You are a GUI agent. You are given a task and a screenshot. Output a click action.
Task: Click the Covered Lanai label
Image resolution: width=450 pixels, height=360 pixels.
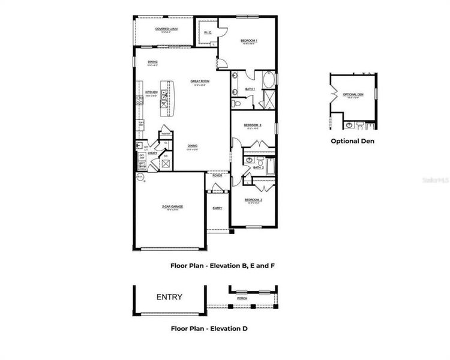coord(166,29)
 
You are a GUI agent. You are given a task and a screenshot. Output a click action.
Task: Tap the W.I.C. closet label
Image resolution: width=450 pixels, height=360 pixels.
coord(206,32)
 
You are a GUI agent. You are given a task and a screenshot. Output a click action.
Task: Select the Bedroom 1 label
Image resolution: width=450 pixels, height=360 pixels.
coord(249,41)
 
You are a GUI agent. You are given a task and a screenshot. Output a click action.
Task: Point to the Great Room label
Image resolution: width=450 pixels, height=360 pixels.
coord(200,81)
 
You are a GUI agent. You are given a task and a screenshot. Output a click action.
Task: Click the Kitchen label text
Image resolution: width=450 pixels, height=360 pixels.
coord(151,92)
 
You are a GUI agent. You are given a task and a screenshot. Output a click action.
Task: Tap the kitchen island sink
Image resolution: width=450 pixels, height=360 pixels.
coord(163,94)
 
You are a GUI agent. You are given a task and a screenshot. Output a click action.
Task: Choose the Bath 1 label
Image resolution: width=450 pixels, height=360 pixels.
coord(250,89)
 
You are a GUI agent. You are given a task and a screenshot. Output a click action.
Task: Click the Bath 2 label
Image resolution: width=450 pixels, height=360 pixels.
coord(258,167)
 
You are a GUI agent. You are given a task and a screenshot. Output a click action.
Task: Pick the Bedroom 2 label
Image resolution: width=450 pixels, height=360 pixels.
coord(253,199)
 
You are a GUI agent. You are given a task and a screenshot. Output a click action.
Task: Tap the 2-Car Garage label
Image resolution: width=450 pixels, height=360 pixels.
coord(172,206)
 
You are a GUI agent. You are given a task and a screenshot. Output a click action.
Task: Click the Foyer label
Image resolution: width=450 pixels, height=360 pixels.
coord(217,176)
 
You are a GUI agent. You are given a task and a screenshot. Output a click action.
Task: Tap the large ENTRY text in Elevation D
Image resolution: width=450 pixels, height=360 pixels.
coord(169,297)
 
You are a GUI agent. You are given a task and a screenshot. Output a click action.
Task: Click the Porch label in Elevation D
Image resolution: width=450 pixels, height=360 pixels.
coord(242,298)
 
